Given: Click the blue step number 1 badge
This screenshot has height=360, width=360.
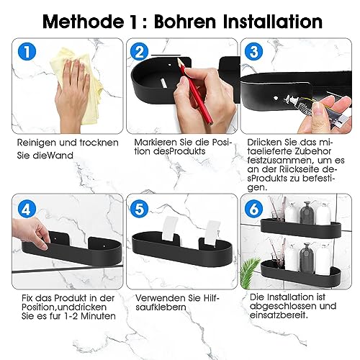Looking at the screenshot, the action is click(27, 52).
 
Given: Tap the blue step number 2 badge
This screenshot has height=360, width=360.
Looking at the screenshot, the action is click(139, 52).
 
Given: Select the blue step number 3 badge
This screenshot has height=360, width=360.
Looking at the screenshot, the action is click(254, 52).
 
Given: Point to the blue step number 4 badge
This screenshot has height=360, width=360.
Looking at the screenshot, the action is click(27, 209).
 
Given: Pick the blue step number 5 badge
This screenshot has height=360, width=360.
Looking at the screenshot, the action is click(139, 209).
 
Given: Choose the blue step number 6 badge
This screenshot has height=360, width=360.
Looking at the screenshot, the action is click(254, 209).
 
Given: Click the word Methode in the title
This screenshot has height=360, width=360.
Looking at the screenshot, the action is click(84, 22).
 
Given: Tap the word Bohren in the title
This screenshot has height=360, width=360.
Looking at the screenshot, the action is click(185, 22).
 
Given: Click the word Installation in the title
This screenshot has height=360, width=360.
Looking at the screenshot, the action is click(273, 22).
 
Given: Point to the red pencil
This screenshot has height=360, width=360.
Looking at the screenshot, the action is click(195, 91).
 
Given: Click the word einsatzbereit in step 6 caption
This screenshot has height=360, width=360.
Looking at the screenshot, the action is click(279, 315).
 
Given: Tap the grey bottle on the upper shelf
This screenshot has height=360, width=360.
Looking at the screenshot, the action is click(307, 212).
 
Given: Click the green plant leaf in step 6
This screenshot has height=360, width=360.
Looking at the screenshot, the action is click(250, 269).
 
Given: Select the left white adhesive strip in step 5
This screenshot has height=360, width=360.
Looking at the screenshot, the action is click(170, 228).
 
